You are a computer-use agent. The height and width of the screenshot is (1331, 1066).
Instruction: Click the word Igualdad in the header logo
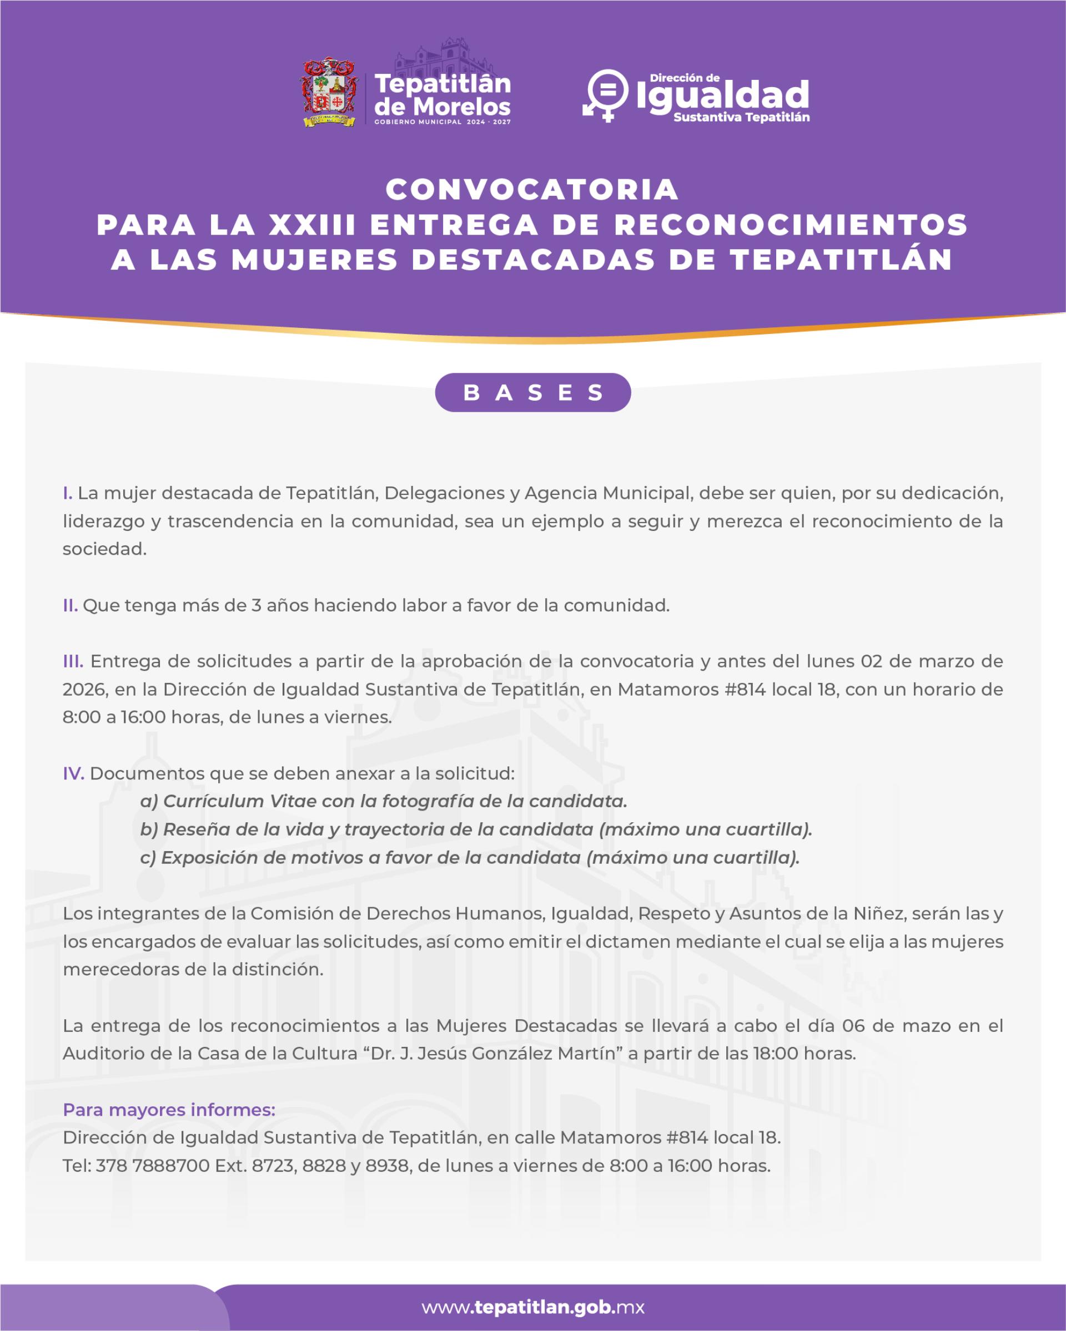click(x=722, y=95)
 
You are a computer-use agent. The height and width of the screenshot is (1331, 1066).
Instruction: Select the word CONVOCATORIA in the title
click(x=532, y=190)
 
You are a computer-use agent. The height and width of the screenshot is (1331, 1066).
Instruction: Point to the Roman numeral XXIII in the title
click(x=313, y=225)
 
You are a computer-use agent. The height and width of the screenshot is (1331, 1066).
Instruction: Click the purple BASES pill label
click(x=532, y=393)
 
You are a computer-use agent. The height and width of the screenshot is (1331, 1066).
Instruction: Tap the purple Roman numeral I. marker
click(x=67, y=493)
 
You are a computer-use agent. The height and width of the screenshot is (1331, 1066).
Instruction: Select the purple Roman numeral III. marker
click(x=73, y=662)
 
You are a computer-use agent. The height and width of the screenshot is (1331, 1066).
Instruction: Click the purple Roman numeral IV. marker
click(x=73, y=773)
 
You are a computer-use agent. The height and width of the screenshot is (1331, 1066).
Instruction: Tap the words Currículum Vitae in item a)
click(x=216, y=801)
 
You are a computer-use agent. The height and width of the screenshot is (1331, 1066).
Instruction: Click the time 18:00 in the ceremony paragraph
click(x=775, y=1054)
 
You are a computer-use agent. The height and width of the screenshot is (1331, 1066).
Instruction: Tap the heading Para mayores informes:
click(x=169, y=1110)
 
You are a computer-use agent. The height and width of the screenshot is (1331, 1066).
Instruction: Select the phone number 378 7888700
click(x=153, y=1166)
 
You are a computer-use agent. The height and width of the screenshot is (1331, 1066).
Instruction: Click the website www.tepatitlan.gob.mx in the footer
click(x=533, y=1307)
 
